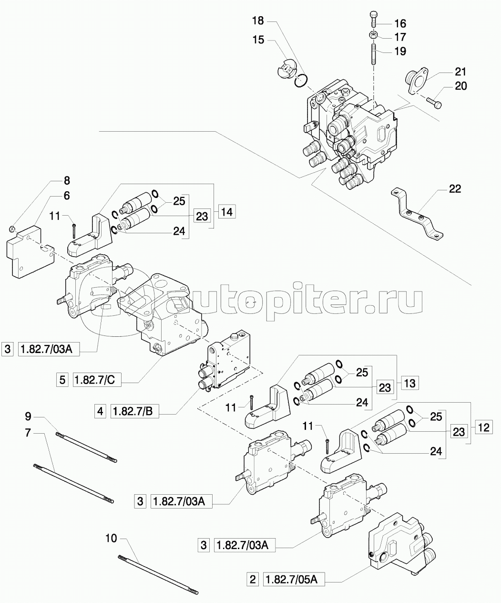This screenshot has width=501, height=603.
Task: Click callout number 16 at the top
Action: click(399, 23)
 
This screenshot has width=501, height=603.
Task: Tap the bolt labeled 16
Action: click(374, 20)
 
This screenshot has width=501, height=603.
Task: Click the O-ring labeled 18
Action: click(300, 81)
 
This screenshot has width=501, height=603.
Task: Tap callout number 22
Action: click(455, 189)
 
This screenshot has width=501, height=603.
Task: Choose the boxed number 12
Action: click(483, 427)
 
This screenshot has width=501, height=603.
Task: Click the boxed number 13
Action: click(409, 382)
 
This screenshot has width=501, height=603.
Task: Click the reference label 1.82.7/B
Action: click(135, 410)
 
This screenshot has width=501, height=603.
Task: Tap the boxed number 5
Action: click(62, 380)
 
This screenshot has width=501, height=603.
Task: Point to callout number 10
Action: click(111, 539)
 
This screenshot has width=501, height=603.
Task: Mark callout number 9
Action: click(28, 416)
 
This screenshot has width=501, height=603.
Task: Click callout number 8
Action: click(66, 180)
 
